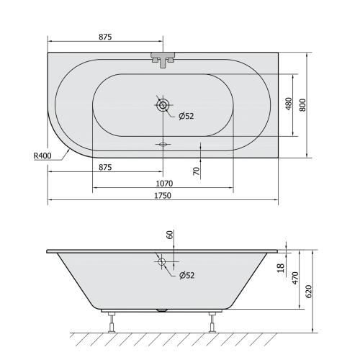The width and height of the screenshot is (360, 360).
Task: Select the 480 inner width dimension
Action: coord(289,105)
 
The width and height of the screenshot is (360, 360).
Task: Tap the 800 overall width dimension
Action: coord(303,105)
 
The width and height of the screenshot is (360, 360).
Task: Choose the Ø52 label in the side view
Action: coord(186,275)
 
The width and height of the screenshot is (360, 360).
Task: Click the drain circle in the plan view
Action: coord(163,105)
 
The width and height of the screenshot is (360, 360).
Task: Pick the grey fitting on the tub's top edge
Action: coord(163,58)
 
